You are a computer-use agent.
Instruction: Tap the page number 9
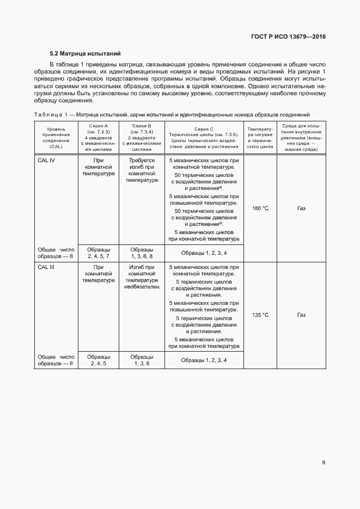tap(324, 463)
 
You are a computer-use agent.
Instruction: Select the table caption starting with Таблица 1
tap(172, 115)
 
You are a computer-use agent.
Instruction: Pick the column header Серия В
tap(143, 126)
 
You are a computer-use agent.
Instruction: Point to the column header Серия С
tap(204, 128)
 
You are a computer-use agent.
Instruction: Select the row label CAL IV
tap(47, 161)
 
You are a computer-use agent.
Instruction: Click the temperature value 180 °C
tap(260, 208)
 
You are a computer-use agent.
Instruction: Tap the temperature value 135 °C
tap(260, 315)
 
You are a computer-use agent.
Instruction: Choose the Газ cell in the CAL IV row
tap(301, 208)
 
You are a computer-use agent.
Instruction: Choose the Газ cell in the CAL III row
tap(301, 315)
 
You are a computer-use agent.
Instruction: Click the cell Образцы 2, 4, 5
tap(99, 359)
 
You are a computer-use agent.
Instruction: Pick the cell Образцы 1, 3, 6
tap(143, 359)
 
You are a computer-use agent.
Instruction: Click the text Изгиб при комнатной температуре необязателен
tap(143, 277)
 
